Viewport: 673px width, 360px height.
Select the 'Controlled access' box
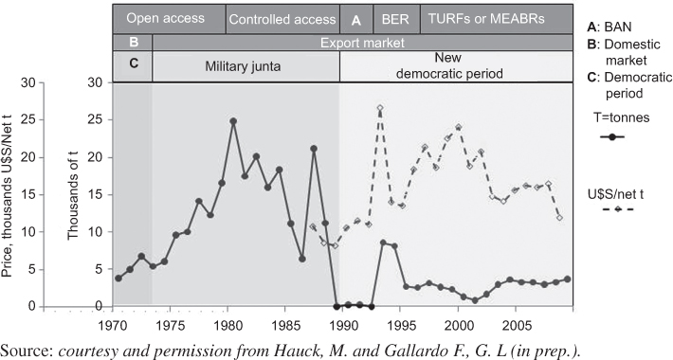(x=282, y=19)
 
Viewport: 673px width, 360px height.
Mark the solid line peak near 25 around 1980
(x=232, y=120)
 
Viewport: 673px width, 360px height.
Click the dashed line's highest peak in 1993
(x=379, y=109)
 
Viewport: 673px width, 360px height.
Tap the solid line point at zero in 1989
(x=337, y=306)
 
